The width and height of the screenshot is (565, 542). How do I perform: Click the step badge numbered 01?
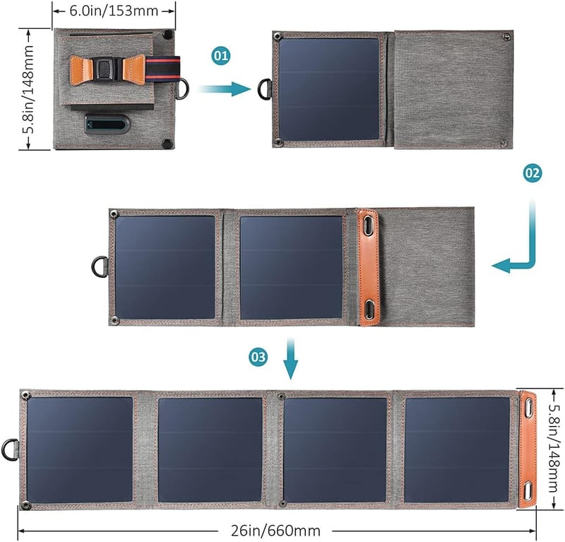click(221, 56)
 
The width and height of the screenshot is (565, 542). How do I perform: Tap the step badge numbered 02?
click(533, 173)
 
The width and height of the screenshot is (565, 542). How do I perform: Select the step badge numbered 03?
click(258, 357)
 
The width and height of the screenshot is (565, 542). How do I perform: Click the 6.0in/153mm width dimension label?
click(114, 11)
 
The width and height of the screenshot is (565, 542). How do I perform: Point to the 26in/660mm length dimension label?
click(275, 530)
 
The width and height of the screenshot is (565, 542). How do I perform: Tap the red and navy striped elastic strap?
click(162, 69)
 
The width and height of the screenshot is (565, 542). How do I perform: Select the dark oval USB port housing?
click(107, 124)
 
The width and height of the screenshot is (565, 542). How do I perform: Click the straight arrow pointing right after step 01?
click(224, 89)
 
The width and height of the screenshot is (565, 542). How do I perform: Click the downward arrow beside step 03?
click(290, 358)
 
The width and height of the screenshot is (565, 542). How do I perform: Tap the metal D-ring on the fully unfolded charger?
click(10, 449)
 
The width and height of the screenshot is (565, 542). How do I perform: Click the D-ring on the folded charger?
click(182, 88)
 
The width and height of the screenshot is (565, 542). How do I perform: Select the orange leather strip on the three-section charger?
click(368, 268)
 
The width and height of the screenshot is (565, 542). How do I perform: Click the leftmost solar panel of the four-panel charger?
click(80, 449)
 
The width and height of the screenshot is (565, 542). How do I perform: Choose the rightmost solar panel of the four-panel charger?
click(457, 450)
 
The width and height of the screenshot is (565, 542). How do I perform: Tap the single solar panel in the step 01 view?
click(329, 90)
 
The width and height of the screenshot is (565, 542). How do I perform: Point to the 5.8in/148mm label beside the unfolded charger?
click(554, 448)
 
